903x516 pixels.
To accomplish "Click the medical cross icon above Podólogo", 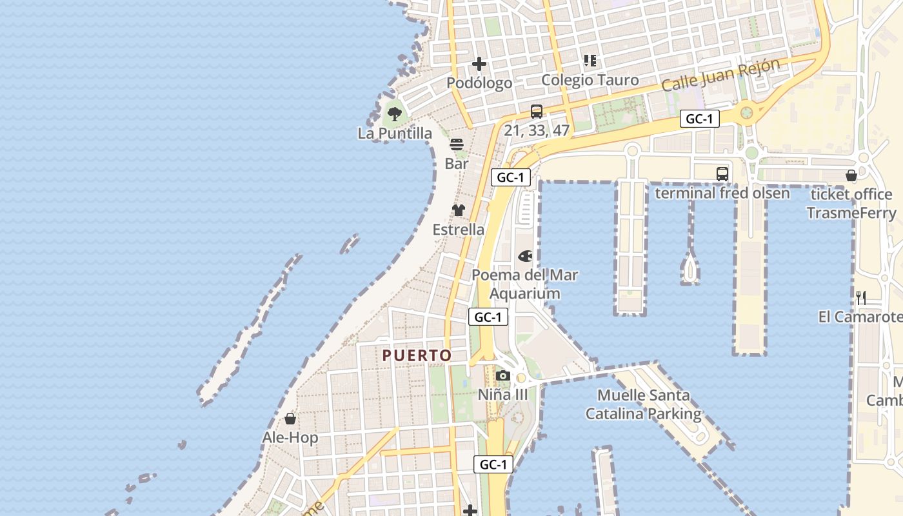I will [479, 64].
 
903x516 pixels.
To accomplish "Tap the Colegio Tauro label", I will [590, 80].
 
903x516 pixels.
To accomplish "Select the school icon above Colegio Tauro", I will [590, 61].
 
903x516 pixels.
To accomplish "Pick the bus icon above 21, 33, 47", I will [537, 111].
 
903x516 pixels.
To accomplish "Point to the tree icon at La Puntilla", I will [395, 115].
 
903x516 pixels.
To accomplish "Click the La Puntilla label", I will [395, 134].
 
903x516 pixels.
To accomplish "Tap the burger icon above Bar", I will [457, 144].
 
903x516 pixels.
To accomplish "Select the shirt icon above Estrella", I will [459, 210].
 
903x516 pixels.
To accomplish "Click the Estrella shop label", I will [459, 230].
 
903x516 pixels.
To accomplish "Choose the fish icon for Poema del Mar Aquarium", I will [525, 256].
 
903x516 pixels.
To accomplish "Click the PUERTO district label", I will [417, 355].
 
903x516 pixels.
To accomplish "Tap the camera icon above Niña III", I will [503, 375].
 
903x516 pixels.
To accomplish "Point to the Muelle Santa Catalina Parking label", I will [643, 404].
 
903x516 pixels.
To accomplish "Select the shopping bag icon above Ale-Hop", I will [290, 419].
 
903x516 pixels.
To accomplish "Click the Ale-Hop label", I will [290, 438].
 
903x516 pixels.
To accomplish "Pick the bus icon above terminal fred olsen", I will [722, 174].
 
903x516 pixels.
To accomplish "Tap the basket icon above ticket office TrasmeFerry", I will [851, 175].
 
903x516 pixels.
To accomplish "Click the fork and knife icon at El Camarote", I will [861, 297].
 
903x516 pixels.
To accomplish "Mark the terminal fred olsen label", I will [722, 193].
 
